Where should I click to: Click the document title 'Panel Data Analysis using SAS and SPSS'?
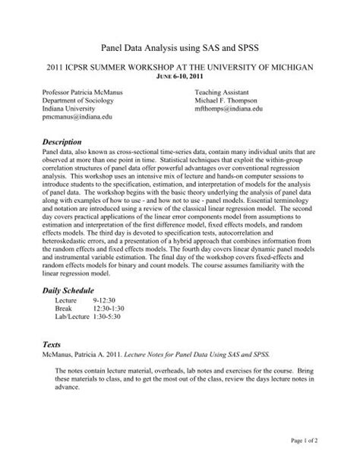point(180,47)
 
